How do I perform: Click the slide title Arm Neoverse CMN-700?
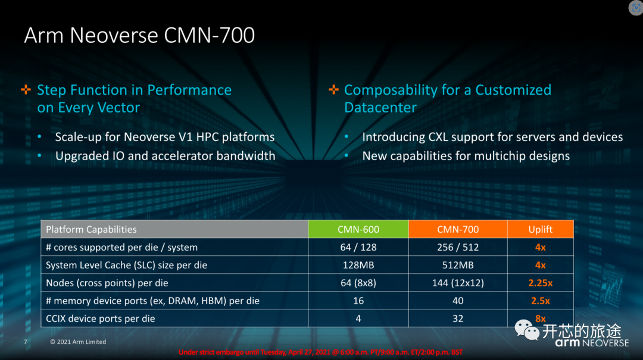coord(139,36)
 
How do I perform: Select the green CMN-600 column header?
coord(358,230)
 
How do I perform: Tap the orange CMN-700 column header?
coord(457,230)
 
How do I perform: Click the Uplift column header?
coord(540,230)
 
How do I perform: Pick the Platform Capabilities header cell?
coord(91,230)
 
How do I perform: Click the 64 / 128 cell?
coord(358,248)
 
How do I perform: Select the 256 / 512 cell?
coord(457,248)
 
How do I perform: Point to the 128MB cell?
coord(358,265)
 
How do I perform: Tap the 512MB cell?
coord(457,265)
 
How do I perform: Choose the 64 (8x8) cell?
coord(358,283)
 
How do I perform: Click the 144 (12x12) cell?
coord(457,283)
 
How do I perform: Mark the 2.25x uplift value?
coord(540,283)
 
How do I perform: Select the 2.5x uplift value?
coord(540,301)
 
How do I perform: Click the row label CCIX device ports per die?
coord(101,319)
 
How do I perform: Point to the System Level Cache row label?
coord(126,265)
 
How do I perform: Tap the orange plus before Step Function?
coord(26,90)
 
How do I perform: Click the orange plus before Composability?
coord(333,90)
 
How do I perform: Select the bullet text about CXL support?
coord(492,137)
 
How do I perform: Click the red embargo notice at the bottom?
coord(321,352)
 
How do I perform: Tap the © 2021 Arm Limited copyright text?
coord(78,342)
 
